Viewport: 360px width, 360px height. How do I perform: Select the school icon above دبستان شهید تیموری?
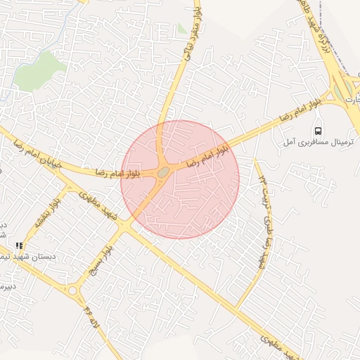click(19, 246)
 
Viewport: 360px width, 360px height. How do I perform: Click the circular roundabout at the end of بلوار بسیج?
click(72, 290)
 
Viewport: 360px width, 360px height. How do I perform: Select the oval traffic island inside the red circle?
click(163, 172)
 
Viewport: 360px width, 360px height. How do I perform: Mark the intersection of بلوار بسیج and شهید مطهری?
click(124, 226)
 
